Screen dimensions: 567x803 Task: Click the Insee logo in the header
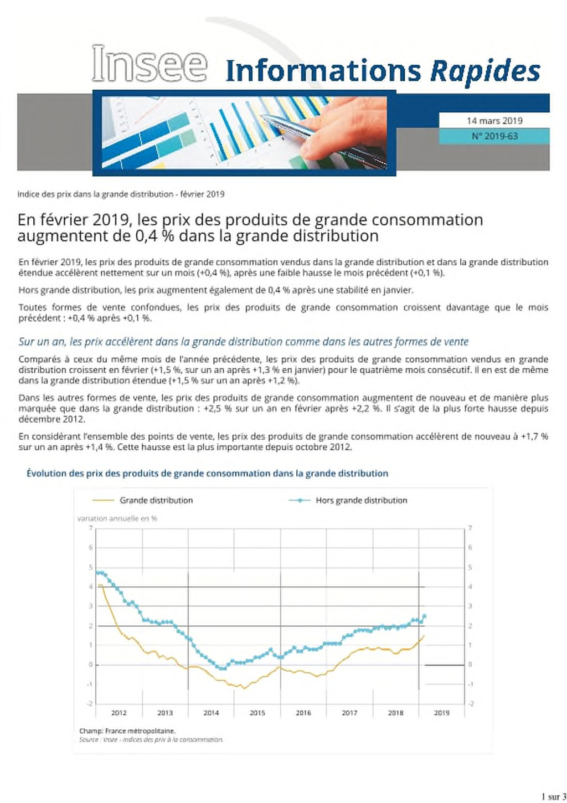(x=150, y=64)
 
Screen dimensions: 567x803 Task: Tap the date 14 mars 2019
(x=494, y=121)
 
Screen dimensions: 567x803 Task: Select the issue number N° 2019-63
(x=494, y=136)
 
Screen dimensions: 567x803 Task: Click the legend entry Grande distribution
(x=156, y=501)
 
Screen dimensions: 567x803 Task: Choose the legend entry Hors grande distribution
(x=361, y=501)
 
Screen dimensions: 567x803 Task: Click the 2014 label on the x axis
(x=211, y=713)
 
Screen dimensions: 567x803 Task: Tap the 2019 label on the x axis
(x=441, y=713)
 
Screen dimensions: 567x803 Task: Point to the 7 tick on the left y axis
(x=91, y=528)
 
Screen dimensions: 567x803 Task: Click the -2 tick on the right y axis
(x=471, y=704)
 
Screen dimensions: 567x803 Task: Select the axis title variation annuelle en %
(x=117, y=518)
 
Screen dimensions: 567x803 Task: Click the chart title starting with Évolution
(x=207, y=473)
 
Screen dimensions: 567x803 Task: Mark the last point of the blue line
(x=424, y=616)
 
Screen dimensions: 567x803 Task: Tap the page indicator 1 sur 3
(x=553, y=796)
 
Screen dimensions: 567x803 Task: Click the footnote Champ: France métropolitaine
(x=127, y=730)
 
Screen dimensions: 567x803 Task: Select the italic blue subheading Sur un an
(x=244, y=342)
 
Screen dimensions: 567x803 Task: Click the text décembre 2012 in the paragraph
(x=51, y=419)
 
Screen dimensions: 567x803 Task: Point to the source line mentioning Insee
(x=151, y=739)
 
